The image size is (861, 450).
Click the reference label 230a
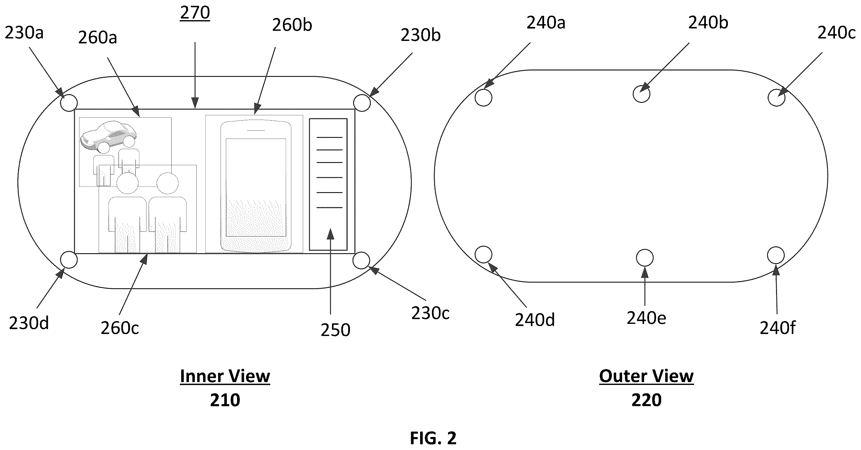click(24, 33)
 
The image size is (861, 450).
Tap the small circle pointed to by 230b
click(362, 103)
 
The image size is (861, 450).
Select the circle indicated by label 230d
click(69, 260)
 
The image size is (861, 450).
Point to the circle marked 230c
click(361, 260)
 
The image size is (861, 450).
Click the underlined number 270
click(195, 13)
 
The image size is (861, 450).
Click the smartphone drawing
click(256, 186)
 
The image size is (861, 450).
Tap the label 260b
click(292, 25)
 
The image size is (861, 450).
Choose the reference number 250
click(335, 330)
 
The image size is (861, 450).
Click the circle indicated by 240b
click(641, 94)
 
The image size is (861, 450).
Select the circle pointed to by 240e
click(645, 258)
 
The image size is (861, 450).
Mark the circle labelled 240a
click(483, 98)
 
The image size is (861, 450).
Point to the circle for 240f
click(776, 255)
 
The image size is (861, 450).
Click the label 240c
click(836, 33)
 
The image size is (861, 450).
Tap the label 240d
click(535, 320)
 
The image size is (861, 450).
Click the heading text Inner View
click(225, 376)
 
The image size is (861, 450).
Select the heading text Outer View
click(646, 376)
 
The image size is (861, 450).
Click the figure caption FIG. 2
click(433, 438)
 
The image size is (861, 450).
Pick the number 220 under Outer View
click(646, 400)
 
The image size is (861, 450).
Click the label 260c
click(120, 329)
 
